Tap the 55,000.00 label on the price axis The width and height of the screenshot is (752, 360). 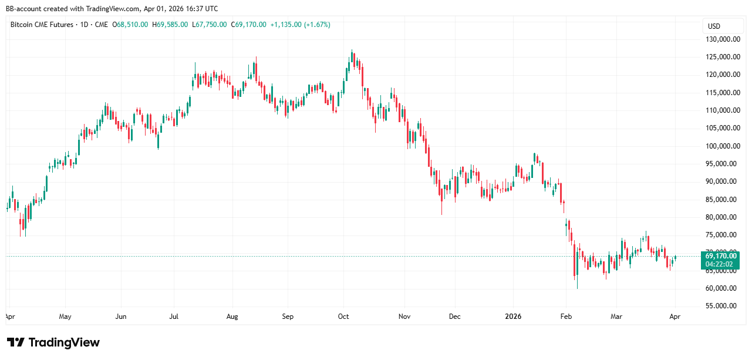click(721, 306)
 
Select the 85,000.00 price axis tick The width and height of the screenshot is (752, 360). click(721, 200)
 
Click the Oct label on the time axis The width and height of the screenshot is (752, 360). click(343, 317)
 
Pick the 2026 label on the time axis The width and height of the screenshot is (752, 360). click(513, 317)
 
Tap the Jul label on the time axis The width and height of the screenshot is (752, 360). click(174, 317)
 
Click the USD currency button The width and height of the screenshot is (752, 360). click(714, 26)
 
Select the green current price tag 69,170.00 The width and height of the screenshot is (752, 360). click(721, 256)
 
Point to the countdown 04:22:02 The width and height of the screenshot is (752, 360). click(721, 265)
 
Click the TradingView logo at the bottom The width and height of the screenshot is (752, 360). click(53, 342)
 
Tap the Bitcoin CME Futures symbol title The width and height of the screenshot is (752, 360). click(42, 25)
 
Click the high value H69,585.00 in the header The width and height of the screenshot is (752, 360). click(170, 25)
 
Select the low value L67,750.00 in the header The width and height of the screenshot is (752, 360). click(210, 25)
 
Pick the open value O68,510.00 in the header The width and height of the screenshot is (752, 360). click(131, 25)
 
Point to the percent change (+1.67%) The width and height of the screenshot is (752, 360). click(317, 25)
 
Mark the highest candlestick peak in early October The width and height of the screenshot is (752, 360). click(352, 51)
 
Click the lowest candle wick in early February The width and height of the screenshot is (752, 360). click(577, 288)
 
